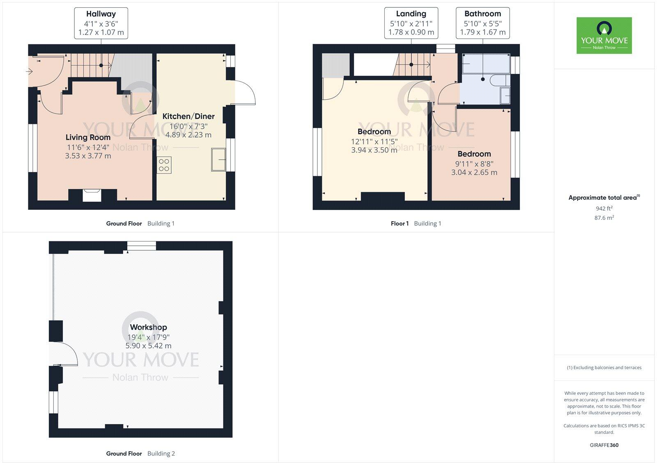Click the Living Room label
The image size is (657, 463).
[x=88, y=138]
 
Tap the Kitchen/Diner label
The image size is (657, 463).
[x=188, y=117]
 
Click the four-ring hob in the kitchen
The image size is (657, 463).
[x=164, y=165]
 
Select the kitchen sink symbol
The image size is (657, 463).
[x=218, y=159]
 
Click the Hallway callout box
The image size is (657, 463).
[x=101, y=23]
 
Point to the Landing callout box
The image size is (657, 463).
[x=411, y=23]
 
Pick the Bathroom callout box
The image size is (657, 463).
[x=482, y=23]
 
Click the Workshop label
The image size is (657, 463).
[x=148, y=327]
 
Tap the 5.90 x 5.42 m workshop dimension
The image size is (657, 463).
[x=148, y=346]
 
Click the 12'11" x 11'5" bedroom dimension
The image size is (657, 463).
[x=374, y=142]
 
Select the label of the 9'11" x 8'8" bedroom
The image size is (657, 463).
[x=474, y=154]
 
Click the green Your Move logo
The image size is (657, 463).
[x=604, y=35]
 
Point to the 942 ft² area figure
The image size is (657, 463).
[x=604, y=209]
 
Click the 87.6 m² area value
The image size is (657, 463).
[x=604, y=218]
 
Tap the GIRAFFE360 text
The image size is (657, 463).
[x=604, y=445]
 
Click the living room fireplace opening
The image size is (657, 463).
[x=92, y=195]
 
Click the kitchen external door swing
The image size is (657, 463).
[x=244, y=93]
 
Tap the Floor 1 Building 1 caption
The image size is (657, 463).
[x=416, y=224]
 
